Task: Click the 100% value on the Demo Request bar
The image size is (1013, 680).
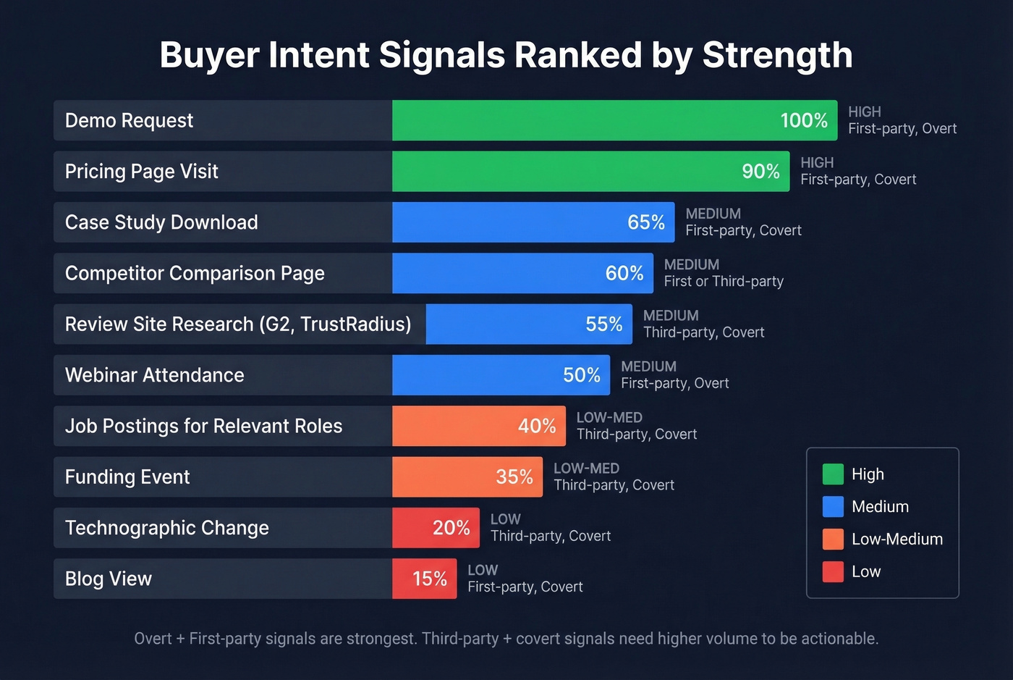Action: (803, 120)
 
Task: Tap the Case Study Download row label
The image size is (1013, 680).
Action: (161, 222)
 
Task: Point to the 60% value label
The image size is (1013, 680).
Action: (624, 273)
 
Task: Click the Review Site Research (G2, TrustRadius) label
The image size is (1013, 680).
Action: (238, 324)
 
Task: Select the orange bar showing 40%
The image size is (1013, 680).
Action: (478, 426)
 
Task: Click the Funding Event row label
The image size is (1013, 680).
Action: (127, 477)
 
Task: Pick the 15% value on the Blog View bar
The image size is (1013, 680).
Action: (430, 579)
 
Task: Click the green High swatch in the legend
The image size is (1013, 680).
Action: (833, 474)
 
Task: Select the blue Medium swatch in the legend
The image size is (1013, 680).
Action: (833, 506)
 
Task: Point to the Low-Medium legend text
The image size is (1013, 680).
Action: (897, 539)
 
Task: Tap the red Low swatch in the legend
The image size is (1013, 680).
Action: (833, 571)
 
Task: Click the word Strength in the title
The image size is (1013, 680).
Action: (777, 55)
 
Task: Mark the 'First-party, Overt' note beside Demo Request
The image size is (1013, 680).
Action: (902, 129)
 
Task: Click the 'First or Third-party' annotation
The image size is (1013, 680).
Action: (724, 282)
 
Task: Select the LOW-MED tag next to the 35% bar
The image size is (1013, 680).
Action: (586, 469)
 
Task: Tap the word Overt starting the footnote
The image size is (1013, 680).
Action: (153, 639)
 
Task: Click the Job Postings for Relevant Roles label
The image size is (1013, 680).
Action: (203, 426)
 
